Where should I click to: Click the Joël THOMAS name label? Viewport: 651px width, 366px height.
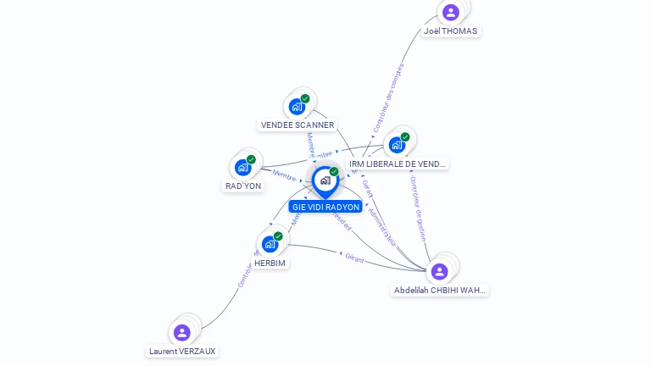pyautogui.click(x=450, y=31)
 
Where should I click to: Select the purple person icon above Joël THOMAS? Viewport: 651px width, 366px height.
pyautogui.click(x=451, y=12)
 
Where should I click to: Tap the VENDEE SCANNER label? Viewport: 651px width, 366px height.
pyautogui.click(x=297, y=125)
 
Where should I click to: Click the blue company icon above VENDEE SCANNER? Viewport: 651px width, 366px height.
pyautogui.click(x=297, y=106)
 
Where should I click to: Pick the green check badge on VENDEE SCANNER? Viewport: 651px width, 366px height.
pyautogui.click(x=305, y=98)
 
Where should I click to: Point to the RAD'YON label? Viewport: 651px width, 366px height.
pyautogui.click(x=243, y=186)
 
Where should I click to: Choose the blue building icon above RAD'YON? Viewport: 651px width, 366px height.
pyautogui.click(x=243, y=167)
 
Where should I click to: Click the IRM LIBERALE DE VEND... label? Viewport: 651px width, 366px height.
pyautogui.click(x=398, y=164)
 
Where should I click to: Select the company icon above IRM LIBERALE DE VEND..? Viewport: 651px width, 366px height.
pyautogui.click(x=397, y=145)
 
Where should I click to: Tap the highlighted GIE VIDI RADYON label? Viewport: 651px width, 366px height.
pyautogui.click(x=325, y=207)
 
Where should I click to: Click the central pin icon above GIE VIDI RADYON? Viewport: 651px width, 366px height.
pyautogui.click(x=325, y=180)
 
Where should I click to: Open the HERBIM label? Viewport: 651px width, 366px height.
pyautogui.click(x=270, y=263)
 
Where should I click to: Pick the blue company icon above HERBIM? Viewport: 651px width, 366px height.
pyautogui.click(x=270, y=244)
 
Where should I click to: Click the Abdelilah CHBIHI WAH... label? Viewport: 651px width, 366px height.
pyautogui.click(x=440, y=290)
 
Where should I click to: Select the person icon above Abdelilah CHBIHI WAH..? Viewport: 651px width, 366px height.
pyautogui.click(x=439, y=271)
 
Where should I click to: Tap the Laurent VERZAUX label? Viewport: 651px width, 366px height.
pyautogui.click(x=182, y=351)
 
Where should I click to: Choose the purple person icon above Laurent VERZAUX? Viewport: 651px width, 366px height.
pyautogui.click(x=181, y=332)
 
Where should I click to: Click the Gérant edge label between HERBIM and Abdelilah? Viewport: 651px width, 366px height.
pyautogui.click(x=354, y=258)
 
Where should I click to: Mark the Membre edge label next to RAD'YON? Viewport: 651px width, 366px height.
pyautogui.click(x=284, y=175)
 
